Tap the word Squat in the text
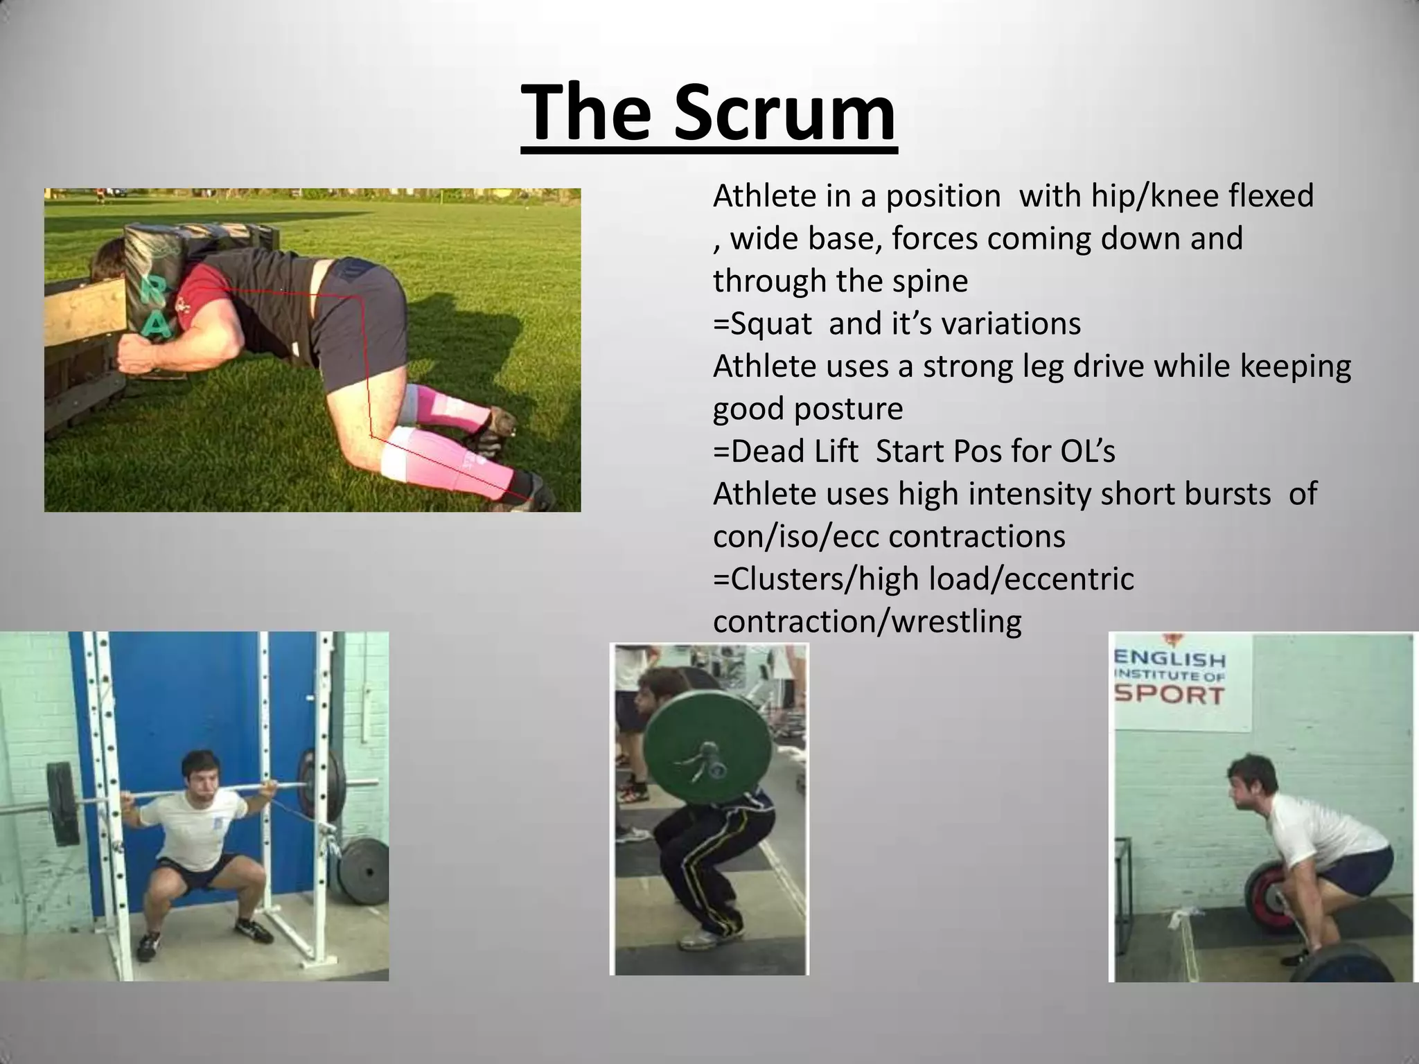[x=771, y=324]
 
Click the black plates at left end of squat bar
[x=63, y=804]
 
